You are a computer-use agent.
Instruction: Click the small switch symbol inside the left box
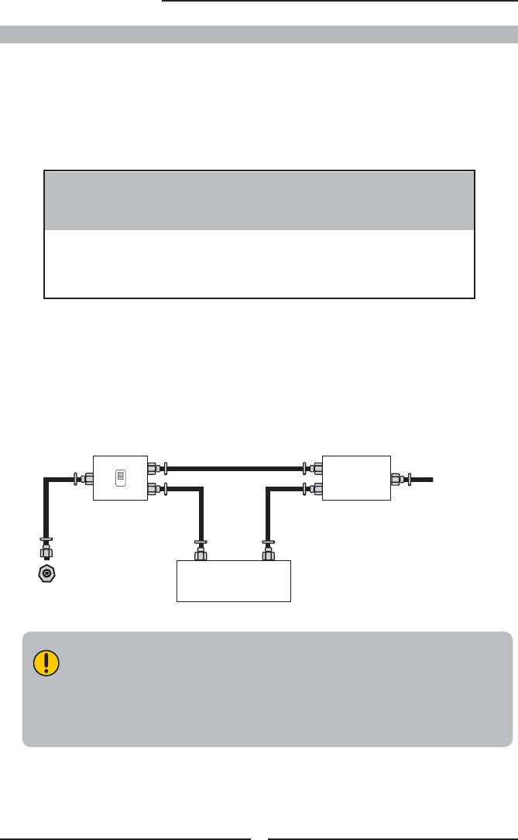pyautogui.click(x=119, y=479)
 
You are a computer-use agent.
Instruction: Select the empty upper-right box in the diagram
pyautogui.click(x=356, y=478)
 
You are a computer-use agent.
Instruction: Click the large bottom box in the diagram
pyautogui.click(x=234, y=580)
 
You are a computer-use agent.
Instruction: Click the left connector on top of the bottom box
pyautogui.click(x=201, y=552)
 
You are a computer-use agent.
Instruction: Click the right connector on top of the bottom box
pyautogui.click(x=267, y=552)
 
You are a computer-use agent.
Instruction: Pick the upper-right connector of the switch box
pyautogui.click(x=155, y=468)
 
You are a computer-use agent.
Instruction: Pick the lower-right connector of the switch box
pyautogui.click(x=155, y=488)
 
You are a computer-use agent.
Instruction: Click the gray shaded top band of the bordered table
pyautogui.click(x=259, y=200)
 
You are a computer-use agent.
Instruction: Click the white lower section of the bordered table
pyautogui.click(x=259, y=263)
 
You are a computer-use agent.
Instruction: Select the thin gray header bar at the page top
pyautogui.click(x=259, y=34)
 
